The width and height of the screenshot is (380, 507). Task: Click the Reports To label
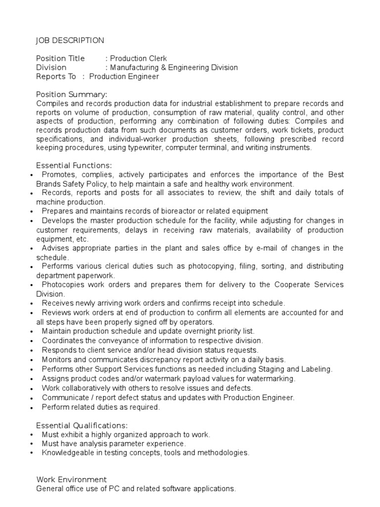56,76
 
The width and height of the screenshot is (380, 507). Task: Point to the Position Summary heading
71,95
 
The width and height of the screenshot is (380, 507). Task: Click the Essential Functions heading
74,165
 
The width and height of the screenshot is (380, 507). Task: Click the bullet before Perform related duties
32,407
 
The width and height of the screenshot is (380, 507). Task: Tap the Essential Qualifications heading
82,425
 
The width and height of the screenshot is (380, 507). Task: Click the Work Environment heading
71,480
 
